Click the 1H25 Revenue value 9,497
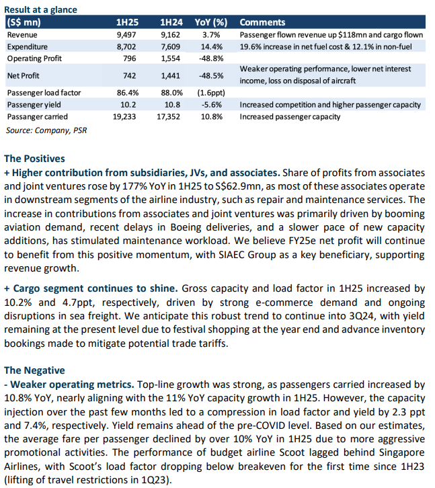point(126,35)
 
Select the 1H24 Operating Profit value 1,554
point(170,58)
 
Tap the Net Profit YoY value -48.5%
point(211,76)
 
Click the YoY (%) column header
point(211,22)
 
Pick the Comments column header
point(262,22)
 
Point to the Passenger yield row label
point(34,105)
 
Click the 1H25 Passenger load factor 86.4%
point(128,93)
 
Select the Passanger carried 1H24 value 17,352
point(169,117)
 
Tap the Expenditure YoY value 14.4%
point(212,46)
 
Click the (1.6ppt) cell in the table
point(211,93)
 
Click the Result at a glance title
point(40,9)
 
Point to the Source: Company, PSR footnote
point(46,130)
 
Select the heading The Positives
point(34,159)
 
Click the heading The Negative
point(34,370)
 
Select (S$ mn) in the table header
point(24,22)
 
